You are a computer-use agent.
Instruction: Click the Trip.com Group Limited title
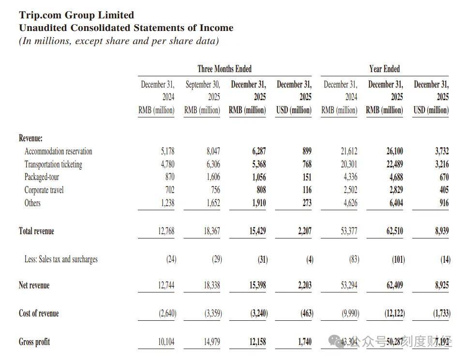(x=76, y=15)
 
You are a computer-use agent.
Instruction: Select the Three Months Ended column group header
(x=225, y=69)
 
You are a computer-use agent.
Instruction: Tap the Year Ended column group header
(x=384, y=69)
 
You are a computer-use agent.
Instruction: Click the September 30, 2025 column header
(x=202, y=97)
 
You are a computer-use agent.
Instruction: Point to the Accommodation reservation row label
(x=58, y=151)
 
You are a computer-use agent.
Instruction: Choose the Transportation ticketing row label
(x=53, y=165)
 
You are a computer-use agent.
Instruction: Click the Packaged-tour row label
(x=42, y=177)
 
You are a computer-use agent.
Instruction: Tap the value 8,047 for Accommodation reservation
(x=213, y=151)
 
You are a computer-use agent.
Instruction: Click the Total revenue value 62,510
(x=394, y=231)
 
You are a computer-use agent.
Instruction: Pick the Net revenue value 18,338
(x=211, y=285)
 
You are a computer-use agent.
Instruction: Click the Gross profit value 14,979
(x=211, y=342)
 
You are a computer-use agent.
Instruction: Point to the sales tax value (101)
(x=398, y=259)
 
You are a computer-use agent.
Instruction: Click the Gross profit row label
(x=34, y=342)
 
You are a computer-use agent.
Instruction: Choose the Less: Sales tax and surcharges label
(x=61, y=259)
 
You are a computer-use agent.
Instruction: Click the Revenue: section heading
(x=30, y=138)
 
